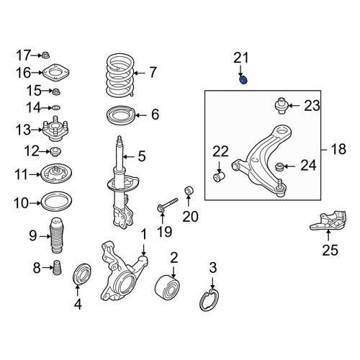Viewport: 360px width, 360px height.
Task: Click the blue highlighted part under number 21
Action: click(x=243, y=80)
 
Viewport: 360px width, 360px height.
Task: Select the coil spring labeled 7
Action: click(x=120, y=75)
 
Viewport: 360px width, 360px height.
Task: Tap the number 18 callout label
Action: click(x=338, y=149)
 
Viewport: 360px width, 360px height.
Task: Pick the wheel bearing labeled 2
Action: click(x=167, y=287)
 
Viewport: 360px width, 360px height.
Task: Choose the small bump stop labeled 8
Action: click(x=57, y=267)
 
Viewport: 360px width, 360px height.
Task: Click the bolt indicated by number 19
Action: click(x=168, y=204)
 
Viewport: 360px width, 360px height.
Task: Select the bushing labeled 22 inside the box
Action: click(x=219, y=176)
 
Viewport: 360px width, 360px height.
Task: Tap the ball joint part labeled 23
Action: click(x=281, y=106)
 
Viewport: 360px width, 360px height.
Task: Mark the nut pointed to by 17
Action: click(x=45, y=55)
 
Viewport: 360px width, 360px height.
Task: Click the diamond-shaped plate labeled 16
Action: click(x=55, y=72)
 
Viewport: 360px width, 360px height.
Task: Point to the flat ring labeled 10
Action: click(x=57, y=201)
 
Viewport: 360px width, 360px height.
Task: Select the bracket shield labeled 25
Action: click(x=328, y=221)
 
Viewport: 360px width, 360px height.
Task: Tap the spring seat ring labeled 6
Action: click(x=121, y=115)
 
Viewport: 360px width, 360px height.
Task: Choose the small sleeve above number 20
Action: click(x=189, y=190)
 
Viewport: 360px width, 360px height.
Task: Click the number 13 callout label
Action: click(x=24, y=130)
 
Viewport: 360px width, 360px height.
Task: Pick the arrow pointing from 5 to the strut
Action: click(x=129, y=157)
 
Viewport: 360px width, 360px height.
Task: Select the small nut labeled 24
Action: click(x=279, y=166)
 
